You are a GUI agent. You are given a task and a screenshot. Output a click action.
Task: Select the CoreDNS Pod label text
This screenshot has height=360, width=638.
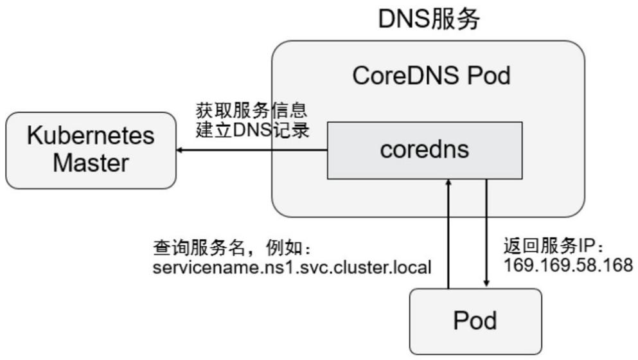click(x=431, y=76)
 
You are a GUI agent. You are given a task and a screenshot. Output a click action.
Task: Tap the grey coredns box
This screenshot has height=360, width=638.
click(x=424, y=150)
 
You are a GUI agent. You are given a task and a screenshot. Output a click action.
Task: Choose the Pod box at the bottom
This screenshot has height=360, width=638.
click(x=475, y=319)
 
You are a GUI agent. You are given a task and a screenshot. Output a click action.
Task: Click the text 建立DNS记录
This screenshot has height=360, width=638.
click(x=251, y=130)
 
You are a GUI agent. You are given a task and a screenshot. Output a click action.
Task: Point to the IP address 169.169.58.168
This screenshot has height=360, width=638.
click(x=568, y=265)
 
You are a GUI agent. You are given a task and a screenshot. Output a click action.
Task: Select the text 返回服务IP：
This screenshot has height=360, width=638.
click(x=553, y=247)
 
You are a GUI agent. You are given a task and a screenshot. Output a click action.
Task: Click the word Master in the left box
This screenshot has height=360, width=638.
click(x=90, y=163)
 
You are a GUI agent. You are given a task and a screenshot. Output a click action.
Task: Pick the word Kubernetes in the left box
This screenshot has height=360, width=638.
click(x=90, y=136)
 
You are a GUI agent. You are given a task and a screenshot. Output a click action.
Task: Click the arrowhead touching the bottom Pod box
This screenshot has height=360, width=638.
click(x=486, y=284)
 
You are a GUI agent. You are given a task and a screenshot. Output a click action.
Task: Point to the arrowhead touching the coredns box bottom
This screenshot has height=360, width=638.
click(x=449, y=183)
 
